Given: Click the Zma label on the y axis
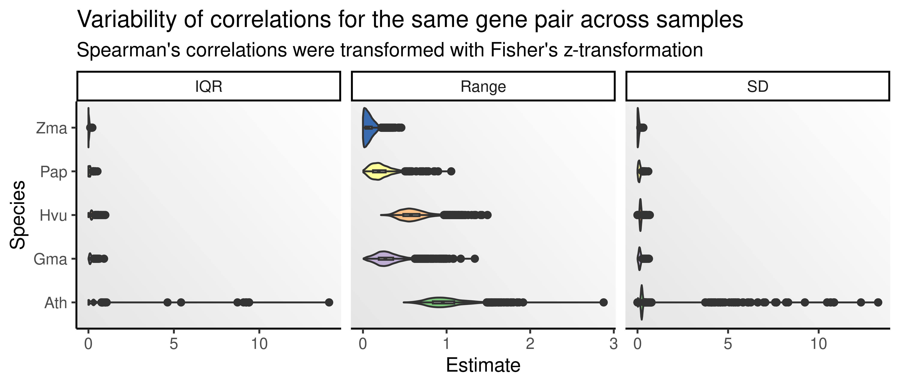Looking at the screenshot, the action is [x=51, y=128].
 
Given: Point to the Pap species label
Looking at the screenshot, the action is [x=53, y=172].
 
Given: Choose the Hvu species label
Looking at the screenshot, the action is [x=53, y=215].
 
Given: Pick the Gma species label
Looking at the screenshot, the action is [x=50, y=259].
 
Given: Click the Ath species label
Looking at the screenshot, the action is [x=55, y=303].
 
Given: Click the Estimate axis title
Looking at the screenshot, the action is [x=483, y=365].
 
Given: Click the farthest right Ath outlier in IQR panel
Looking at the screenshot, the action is [x=329, y=302].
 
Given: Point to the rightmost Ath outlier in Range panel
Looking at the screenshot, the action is [x=603, y=302].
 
